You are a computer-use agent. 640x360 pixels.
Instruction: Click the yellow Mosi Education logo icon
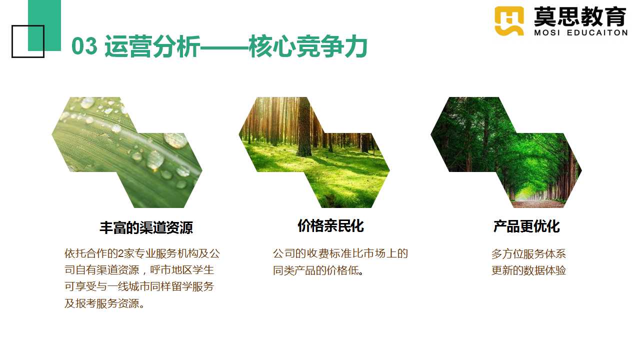[509, 21]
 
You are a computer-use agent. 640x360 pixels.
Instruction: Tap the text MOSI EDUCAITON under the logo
[580, 33]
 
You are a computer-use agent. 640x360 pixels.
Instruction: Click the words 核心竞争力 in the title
[307, 46]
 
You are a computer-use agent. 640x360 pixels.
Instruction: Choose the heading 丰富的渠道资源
[146, 227]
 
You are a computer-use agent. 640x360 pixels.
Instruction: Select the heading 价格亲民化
[330, 225]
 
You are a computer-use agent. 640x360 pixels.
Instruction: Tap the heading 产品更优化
[526, 226]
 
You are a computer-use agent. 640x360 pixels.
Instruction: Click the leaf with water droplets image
[127, 152]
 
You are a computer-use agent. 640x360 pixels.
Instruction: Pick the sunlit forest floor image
[314, 152]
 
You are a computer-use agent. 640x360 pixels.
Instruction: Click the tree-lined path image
[506, 152]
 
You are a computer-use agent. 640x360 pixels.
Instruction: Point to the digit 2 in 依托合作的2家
[121, 253]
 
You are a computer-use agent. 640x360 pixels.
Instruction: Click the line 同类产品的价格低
[318, 270]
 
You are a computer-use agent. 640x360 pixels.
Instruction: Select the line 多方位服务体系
[528, 253]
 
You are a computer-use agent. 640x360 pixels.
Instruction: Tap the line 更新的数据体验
[528, 270]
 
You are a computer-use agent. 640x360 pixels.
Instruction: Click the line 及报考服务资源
[104, 303]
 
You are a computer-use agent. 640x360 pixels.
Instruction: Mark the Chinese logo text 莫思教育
[580, 16]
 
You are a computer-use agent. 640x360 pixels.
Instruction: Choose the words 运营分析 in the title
[152, 46]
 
